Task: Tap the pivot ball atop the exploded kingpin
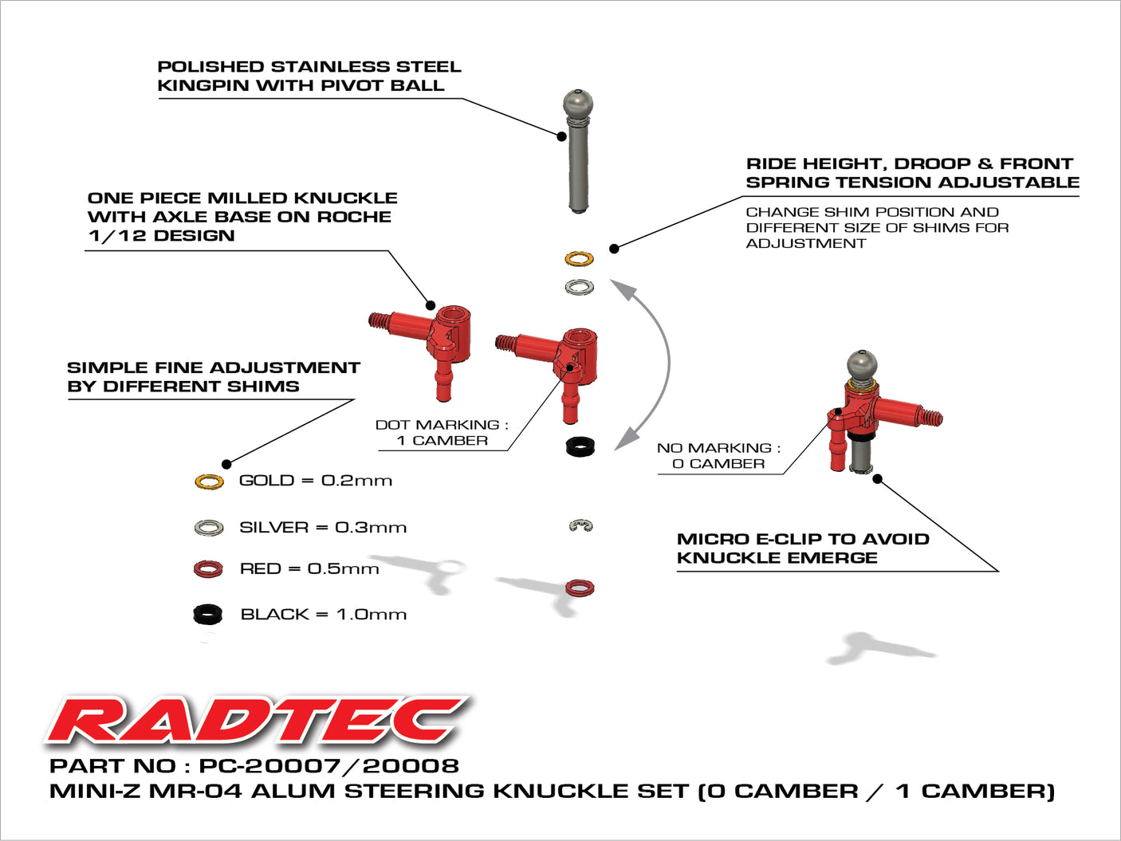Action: click(x=578, y=103)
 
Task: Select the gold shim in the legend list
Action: click(x=209, y=481)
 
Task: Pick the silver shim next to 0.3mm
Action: click(x=209, y=528)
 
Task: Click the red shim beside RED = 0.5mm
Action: click(x=208, y=569)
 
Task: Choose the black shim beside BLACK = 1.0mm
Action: click(x=208, y=615)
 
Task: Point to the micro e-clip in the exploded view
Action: click(x=581, y=526)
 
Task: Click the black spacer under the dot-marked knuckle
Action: click(x=580, y=446)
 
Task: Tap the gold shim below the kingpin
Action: click(x=579, y=259)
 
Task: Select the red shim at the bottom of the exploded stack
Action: click(x=580, y=588)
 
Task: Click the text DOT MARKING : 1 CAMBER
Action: click(x=442, y=433)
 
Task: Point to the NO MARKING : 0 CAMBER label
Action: click(x=718, y=456)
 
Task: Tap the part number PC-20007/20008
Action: click(x=328, y=766)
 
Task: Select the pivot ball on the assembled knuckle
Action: click(x=861, y=364)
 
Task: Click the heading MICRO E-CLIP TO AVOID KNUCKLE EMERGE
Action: click(x=802, y=548)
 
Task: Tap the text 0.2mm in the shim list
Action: click(x=356, y=481)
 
